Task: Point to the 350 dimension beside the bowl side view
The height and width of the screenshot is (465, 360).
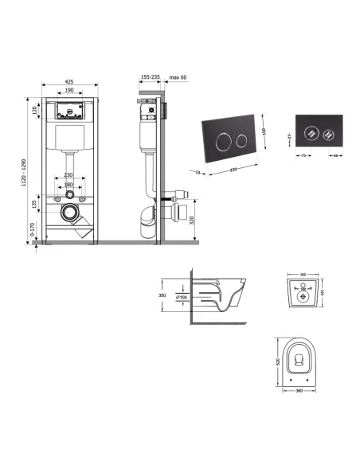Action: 165,294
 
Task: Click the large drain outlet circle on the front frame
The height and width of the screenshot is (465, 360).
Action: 72,214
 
